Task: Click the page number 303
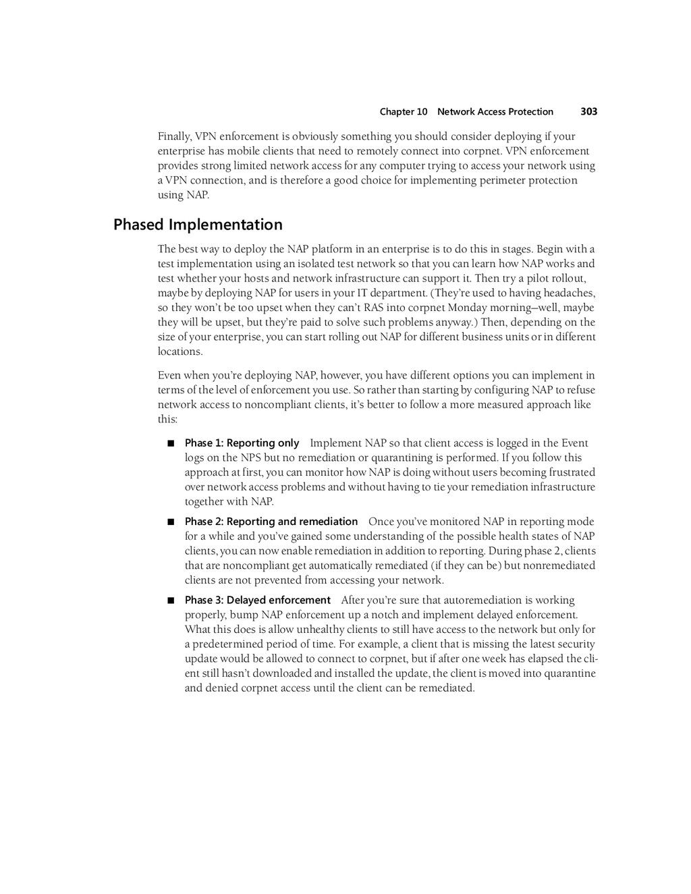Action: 588,112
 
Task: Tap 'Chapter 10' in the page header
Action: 404,112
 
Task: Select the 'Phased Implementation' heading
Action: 198,225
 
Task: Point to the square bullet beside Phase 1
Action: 171,443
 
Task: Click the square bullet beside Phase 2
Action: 171,522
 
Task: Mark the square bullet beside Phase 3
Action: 171,600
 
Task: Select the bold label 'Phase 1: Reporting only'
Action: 242,443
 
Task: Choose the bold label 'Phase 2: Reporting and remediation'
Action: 271,522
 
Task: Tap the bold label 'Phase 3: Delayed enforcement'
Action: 258,600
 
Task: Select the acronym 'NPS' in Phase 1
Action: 250,458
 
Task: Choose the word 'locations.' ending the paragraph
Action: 180,352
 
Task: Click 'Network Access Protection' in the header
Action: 495,112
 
